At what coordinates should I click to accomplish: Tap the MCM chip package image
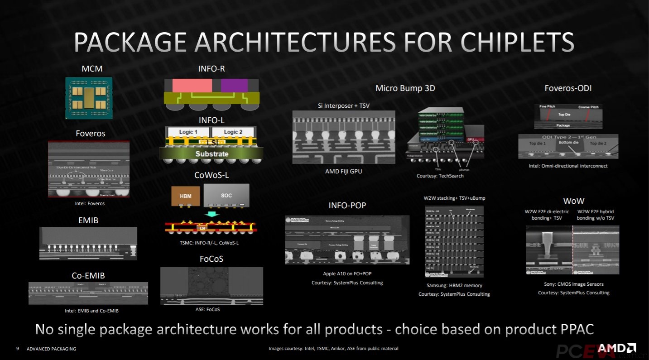89,98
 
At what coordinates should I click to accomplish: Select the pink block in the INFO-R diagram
192,86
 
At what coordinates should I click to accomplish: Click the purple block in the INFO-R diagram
234,86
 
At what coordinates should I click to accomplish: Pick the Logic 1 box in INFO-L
189,132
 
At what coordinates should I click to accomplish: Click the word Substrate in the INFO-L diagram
212,154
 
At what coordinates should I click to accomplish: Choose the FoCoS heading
212,259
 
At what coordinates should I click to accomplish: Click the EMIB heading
89,221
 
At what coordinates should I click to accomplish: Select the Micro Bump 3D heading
405,88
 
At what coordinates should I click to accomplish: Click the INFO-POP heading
347,205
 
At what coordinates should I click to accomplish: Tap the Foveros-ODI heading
568,88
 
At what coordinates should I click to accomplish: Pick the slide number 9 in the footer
17,349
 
